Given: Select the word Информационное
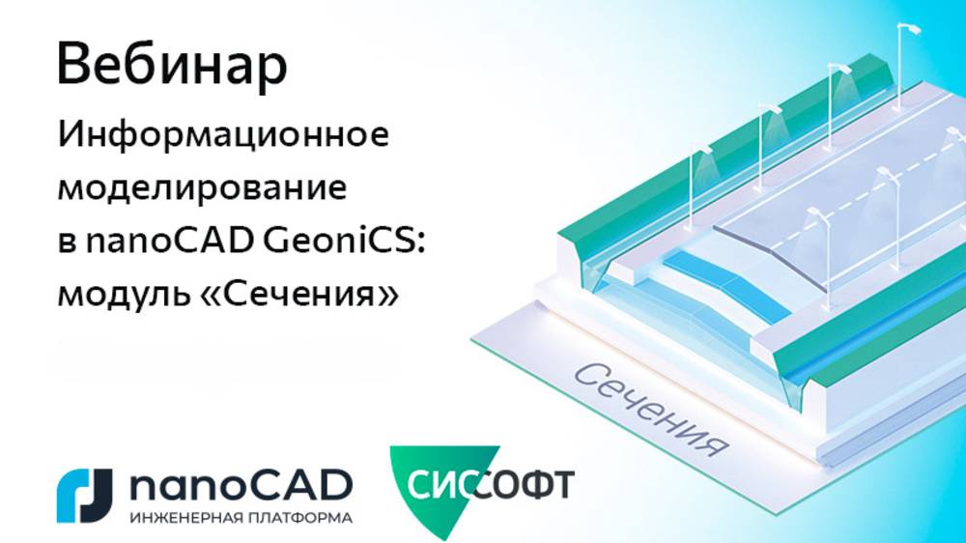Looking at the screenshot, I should click(223, 136).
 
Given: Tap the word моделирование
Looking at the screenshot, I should click(202, 186).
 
